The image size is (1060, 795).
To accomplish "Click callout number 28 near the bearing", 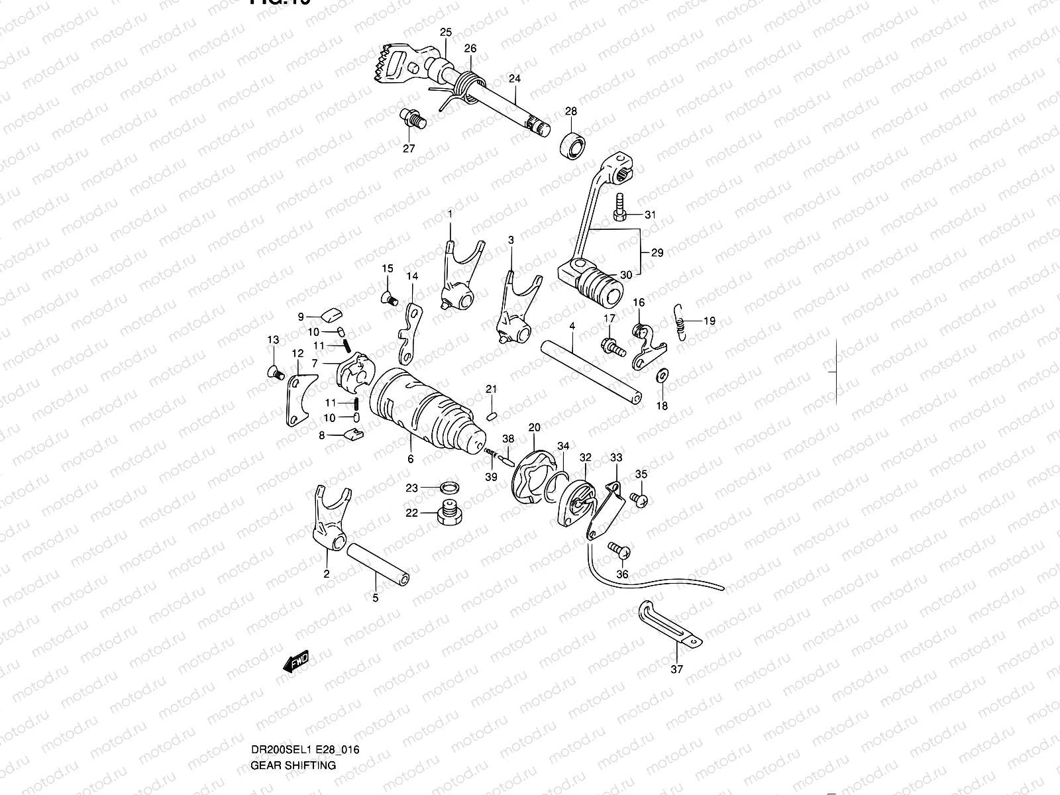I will (x=570, y=111).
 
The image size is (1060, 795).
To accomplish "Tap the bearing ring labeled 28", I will (x=573, y=144).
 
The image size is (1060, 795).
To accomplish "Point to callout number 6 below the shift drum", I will (x=410, y=459).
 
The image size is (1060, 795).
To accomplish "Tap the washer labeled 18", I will (x=661, y=376).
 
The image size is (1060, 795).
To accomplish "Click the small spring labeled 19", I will (x=678, y=321).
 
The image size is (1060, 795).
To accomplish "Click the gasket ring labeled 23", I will (x=449, y=488).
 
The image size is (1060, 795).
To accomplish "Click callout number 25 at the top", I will (x=445, y=32).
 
